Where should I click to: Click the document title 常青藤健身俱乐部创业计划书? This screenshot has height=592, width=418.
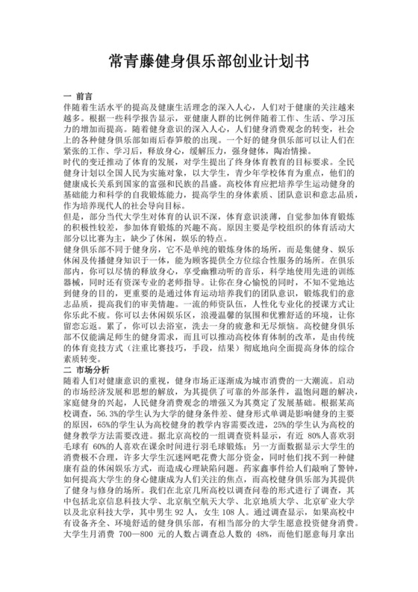209,59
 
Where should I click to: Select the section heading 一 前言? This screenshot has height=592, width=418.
78,96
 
